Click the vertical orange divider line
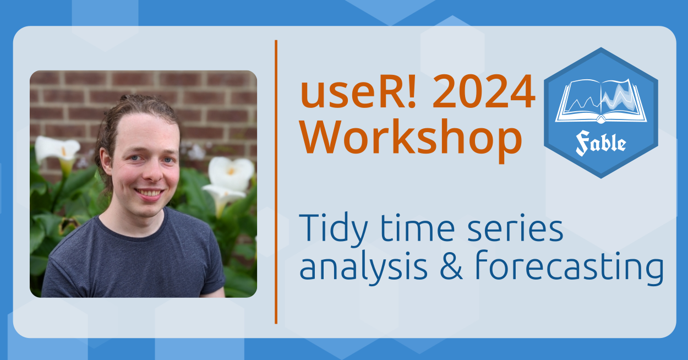276,182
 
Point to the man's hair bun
132,100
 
